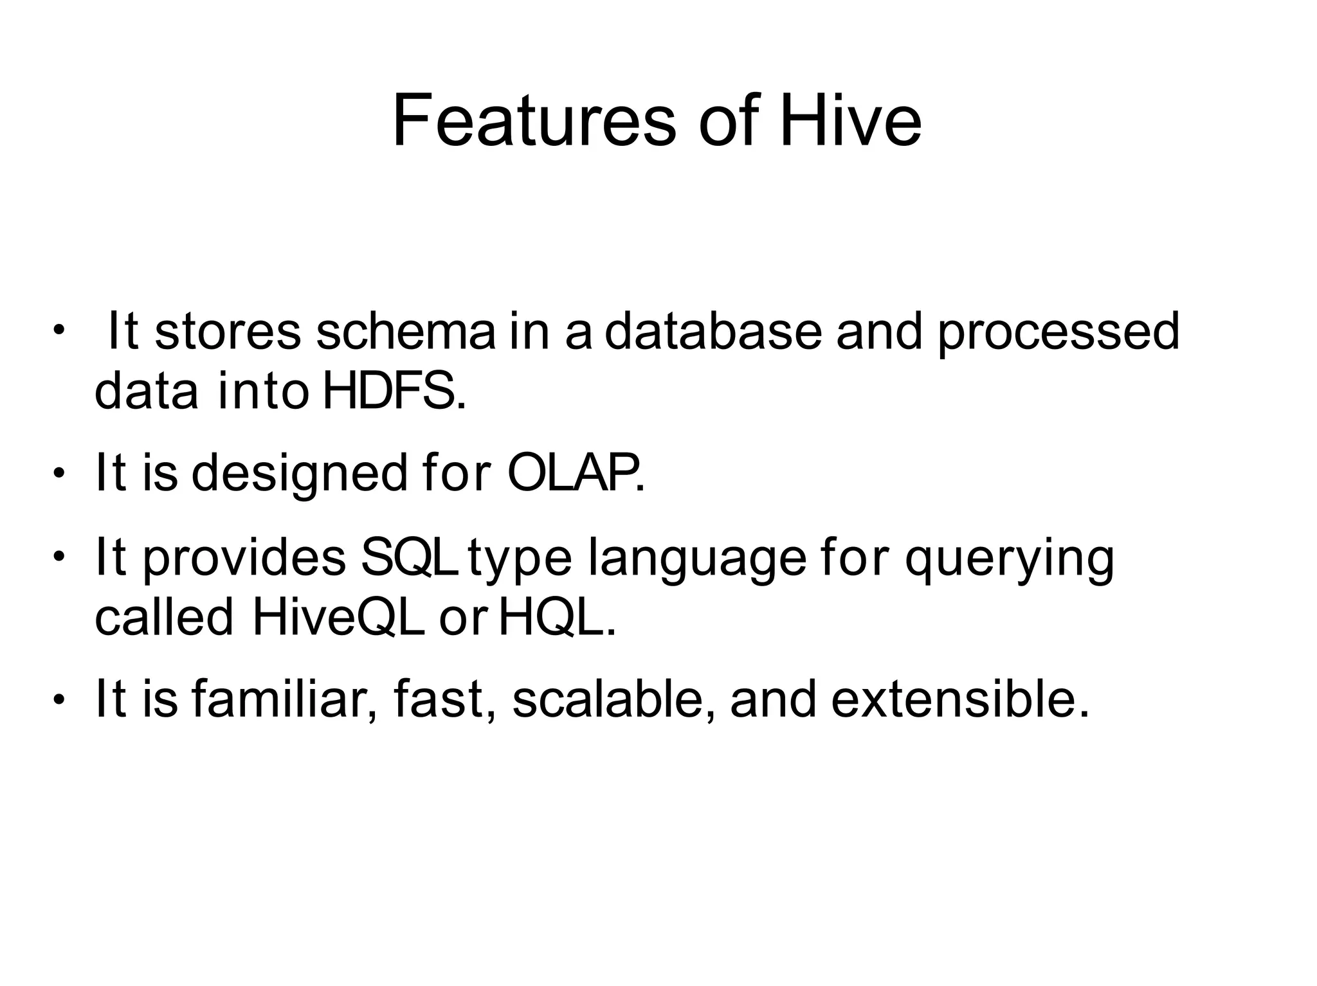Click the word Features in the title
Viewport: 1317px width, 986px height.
point(534,121)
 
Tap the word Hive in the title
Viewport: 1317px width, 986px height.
point(850,121)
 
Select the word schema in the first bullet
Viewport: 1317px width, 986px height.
point(405,332)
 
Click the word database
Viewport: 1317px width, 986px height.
point(713,332)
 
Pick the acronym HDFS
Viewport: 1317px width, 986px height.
point(393,391)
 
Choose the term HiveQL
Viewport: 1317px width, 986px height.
point(338,618)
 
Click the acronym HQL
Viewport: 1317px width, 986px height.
point(557,618)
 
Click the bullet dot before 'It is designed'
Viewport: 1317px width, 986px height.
point(59,474)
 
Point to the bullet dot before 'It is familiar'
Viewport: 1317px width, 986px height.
point(59,699)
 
